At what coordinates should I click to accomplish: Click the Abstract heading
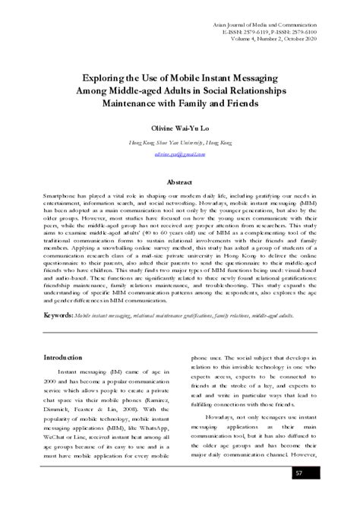pyautogui.click(x=180, y=182)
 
